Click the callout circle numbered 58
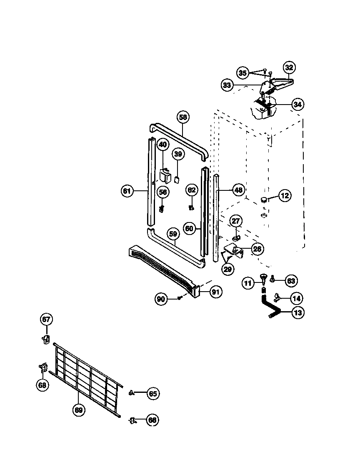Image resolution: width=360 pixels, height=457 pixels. point(182,117)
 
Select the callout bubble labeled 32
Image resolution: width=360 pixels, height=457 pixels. point(289,67)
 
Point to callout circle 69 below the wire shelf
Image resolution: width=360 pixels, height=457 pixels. point(78,410)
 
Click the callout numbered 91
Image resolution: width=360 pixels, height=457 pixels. point(215,292)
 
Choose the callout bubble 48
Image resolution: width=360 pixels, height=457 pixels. point(238,190)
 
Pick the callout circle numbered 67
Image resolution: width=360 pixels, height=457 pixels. point(46,320)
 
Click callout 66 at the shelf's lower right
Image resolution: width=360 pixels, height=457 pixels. point(152,420)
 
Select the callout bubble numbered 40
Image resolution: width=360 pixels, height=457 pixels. point(162,145)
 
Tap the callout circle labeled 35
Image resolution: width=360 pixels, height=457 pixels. point(243,73)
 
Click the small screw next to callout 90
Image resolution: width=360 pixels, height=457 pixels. point(179,297)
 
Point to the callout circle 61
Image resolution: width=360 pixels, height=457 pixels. point(127,191)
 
